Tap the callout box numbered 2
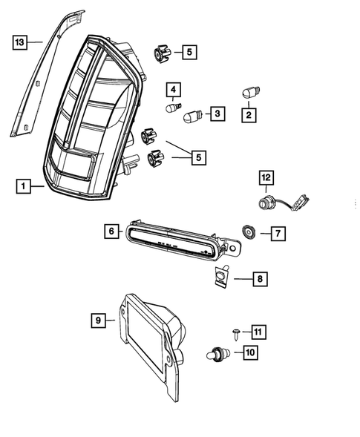[x=249, y=115]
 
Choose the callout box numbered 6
[x=111, y=231]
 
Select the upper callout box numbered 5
[x=189, y=52]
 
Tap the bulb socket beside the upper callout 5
[x=162, y=53]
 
